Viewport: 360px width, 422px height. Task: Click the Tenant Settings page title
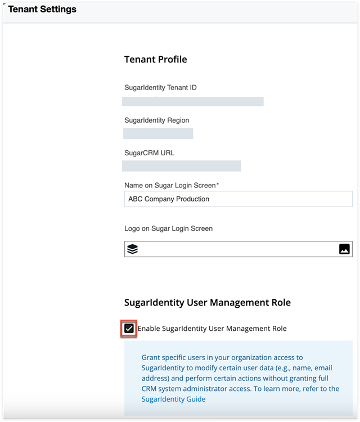coord(42,10)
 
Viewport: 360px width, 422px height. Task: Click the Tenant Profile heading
coord(155,59)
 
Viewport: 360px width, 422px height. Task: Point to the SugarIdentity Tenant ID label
coord(160,87)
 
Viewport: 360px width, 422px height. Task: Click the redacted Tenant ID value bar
coord(193,101)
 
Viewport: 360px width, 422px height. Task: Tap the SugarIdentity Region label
coord(156,120)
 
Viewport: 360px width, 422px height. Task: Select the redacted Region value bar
coord(158,133)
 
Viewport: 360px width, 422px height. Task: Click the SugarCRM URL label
coord(149,152)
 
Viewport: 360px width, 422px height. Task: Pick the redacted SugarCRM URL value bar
coord(182,166)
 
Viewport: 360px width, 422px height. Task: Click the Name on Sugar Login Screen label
coord(170,185)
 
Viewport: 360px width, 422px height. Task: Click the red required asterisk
coord(218,184)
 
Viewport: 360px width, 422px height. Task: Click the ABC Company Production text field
coord(238,199)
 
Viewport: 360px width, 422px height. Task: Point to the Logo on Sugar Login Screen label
coord(168,228)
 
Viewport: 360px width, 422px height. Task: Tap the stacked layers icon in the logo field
coord(132,249)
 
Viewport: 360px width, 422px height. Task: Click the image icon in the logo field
coord(345,249)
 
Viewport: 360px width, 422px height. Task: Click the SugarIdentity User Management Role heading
coord(207,303)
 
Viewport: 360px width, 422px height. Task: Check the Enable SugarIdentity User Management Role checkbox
coord(129,329)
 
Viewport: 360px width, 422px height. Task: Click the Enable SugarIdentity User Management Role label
coord(212,329)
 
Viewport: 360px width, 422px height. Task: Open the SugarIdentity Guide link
coord(173,399)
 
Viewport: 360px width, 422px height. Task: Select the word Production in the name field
coord(192,199)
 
